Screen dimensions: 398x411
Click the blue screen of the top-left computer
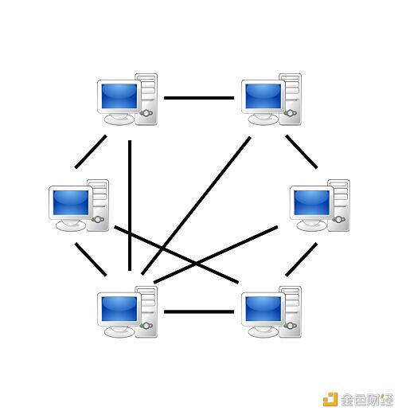(x=119, y=96)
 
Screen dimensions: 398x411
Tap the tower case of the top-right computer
(x=291, y=99)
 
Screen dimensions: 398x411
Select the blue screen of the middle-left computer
(x=71, y=202)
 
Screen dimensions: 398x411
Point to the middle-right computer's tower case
(x=339, y=205)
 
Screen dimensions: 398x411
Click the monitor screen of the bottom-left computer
(x=119, y=309)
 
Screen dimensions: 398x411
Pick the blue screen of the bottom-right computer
(x=263, y=309)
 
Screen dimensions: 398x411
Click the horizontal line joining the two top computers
(x=199, y=98)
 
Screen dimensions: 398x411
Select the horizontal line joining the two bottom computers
(x=199, y=311)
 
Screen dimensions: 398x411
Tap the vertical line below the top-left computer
(x=130, y=205)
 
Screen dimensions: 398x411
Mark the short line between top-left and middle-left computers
(x=91, y=151)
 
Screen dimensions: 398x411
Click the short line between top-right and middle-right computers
(x=302, y=151)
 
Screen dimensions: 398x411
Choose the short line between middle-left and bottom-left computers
(x=91, y=259)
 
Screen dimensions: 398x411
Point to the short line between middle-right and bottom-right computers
(x=302, y=259)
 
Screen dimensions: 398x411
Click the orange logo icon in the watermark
(x=330, y=399)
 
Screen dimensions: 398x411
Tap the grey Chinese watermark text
(x=367, y=400)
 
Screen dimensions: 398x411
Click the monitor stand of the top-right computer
(x=263, y=119)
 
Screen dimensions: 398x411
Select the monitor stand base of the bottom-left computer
(x=119, y=331)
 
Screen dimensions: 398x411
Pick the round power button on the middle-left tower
(x=98, y=220)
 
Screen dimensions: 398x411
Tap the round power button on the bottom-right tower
(x=291, y=326)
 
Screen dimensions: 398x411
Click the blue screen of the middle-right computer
(x=312, y=202)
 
